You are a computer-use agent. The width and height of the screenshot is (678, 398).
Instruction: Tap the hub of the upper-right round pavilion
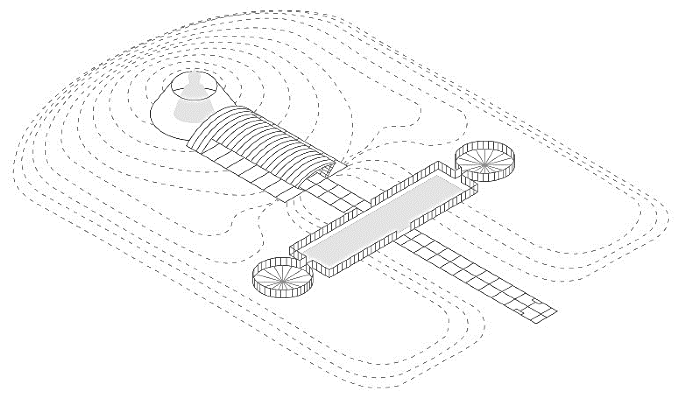pyautogui.click(x=484, y=165)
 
